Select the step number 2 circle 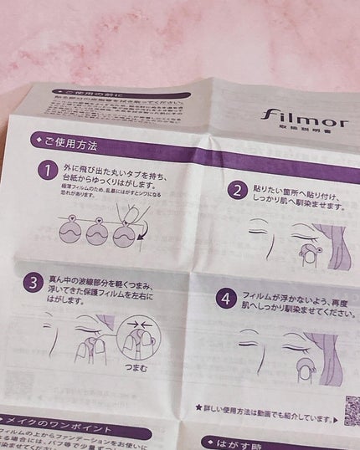coord(238,190)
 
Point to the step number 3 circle coord(33,282)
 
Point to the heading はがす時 coord(243,442)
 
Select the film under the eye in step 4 coord(306,365)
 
